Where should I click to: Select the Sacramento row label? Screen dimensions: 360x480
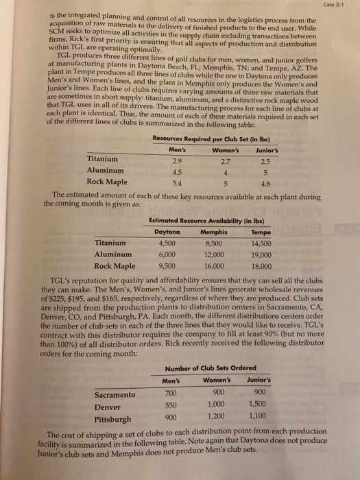click(x=114, y=394)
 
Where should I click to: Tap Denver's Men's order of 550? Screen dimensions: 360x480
click(x=169, y=406)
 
